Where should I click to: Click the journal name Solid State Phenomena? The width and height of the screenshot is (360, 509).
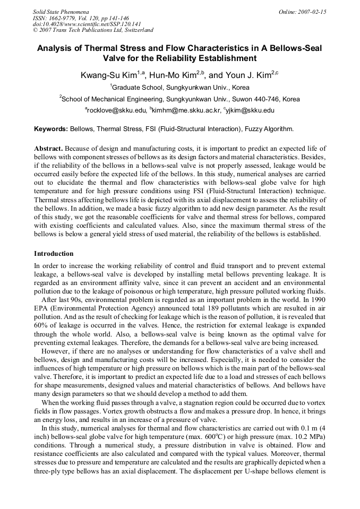coord(61,11)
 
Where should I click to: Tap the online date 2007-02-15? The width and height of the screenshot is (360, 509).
coord(313,11)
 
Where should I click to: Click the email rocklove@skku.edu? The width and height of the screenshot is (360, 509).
coord(117,110)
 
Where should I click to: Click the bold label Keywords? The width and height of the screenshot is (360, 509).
coord(51,129)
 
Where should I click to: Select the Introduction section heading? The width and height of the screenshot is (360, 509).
coord(54,254)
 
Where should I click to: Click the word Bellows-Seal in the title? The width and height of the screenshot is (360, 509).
coord(292,48)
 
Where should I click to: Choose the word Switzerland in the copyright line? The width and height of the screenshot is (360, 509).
coord(136,30)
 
